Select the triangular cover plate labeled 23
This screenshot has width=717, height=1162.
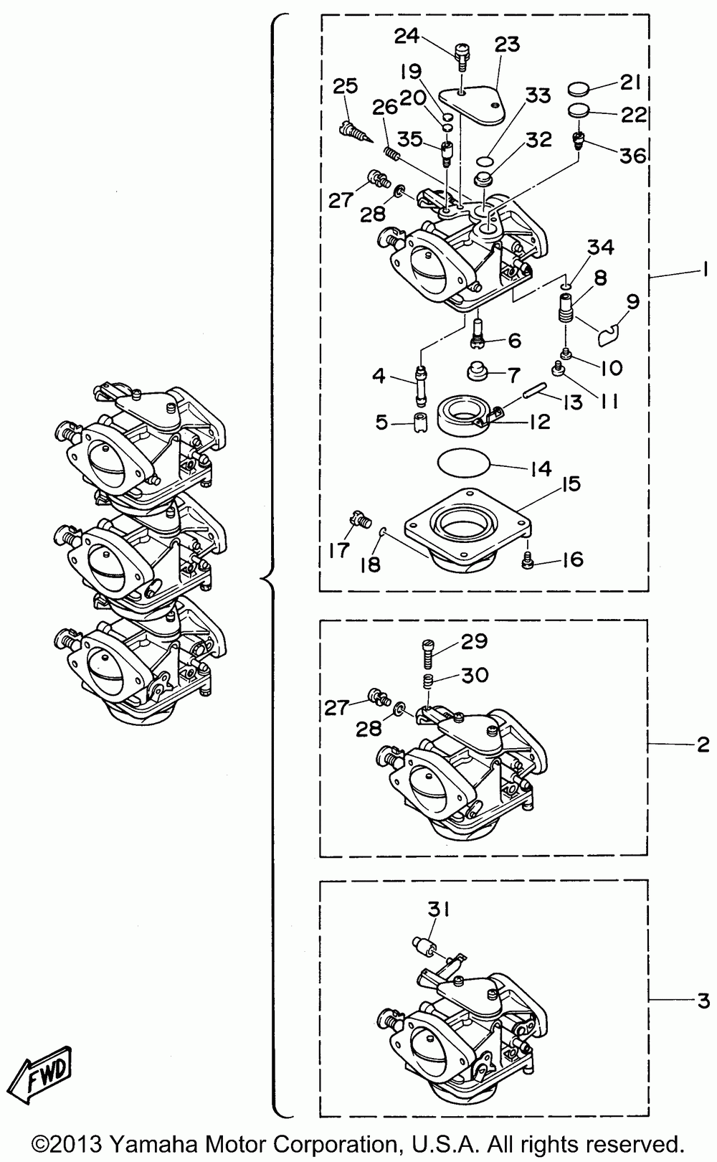click(473, 105)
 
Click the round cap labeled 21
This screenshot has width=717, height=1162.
click(579, 90)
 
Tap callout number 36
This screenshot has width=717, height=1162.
click(632, 155)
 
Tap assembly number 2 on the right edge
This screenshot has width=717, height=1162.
click(702, 745)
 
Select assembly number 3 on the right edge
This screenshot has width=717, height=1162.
click(702, 1000)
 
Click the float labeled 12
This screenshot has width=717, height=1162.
click(460, 417)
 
